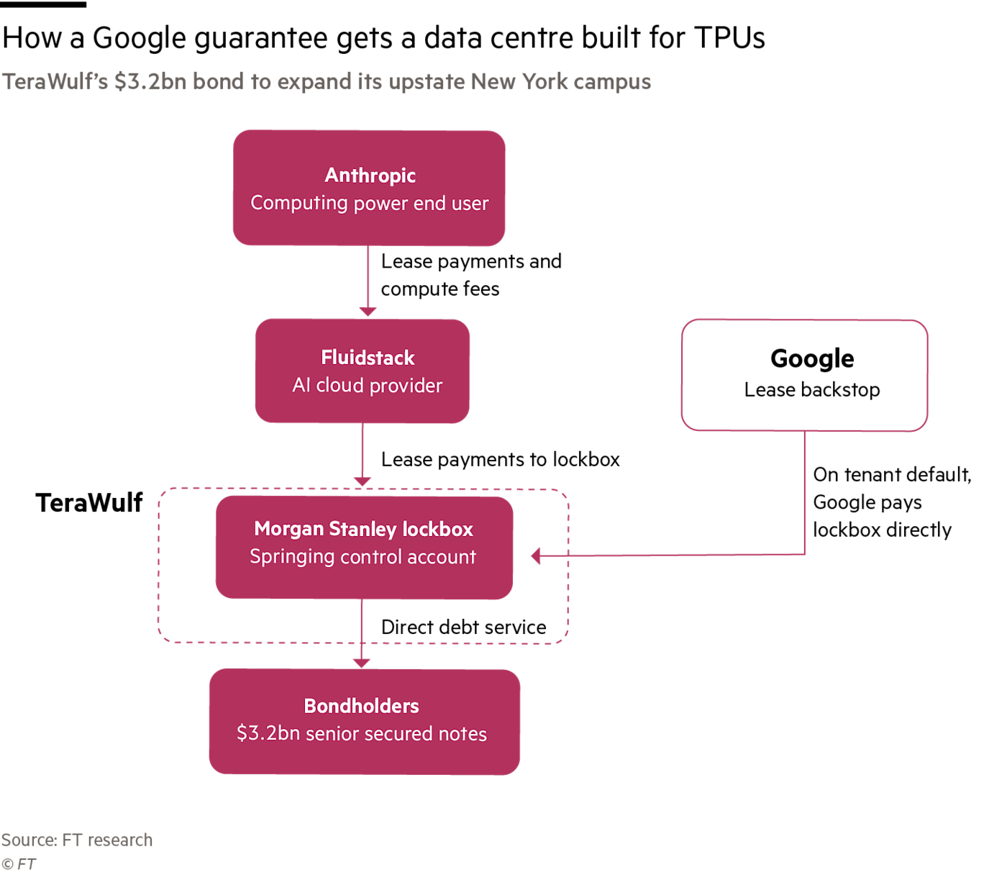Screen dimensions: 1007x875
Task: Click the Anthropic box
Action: pos(369,188)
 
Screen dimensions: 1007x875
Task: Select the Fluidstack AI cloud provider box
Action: pos(362,371)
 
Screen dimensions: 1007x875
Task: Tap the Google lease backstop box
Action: pos(803,375)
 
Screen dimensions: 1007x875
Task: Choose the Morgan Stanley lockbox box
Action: pos(364,547)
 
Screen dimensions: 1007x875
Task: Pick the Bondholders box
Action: pos(364,721)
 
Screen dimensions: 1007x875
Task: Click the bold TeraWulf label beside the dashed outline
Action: pos(88,503)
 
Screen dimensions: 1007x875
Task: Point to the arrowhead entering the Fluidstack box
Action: pos(368,311)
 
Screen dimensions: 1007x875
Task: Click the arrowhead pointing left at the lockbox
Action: pos(536,556)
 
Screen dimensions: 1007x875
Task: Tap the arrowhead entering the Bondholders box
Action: pos(361,663)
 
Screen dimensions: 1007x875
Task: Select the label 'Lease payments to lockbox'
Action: pos(500,459)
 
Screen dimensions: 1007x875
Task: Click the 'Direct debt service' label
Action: pos(464,627)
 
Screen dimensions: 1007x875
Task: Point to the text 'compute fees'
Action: pos(440,289)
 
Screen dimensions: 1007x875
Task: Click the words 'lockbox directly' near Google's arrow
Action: pos(882,530)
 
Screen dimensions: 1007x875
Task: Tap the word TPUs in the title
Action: pos(729,37)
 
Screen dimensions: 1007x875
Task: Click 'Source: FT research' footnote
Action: pos(77,840)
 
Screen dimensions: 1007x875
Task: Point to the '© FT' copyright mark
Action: pos(18,863)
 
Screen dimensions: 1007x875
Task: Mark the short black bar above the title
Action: pos(43,4)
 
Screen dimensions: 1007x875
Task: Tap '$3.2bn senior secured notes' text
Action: pos(362,733)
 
